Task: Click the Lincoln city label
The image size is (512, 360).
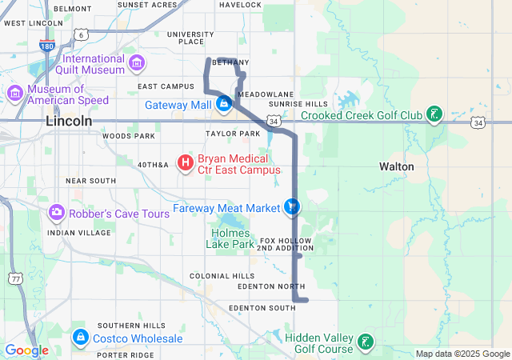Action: pyautogui.click(x=69, y=121)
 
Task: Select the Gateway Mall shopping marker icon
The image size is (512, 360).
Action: pyautogui.click(x=224, y=104)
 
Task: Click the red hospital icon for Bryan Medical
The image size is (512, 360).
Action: pyautogui.click(x=186, y=163)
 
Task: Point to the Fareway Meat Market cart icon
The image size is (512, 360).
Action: pyautogui.click(x=293, y=207)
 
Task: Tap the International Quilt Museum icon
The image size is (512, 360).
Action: pyautogui.click(x=137, y=62)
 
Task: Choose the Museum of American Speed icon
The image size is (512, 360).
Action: pyautogui.click(x=15, y=94)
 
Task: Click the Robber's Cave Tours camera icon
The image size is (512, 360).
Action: pyautogui.click(x=56, y=213)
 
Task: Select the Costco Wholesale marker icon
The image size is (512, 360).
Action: pyautogui.click(x=80, y=338)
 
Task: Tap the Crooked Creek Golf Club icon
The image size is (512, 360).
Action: pyautogui.click(x=433, y=115)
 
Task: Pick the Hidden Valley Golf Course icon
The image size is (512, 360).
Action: pyautogui.click(x=365, y=342)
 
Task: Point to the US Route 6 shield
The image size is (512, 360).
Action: pyautogui.click(x=82, y=35)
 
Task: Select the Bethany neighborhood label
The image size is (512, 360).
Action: pyautogui.click(x=232, y=62)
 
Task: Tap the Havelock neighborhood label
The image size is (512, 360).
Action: pyautogui.click(x=240, y=5)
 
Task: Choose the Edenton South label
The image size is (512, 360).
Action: pyautogui.click(x=262, y=308)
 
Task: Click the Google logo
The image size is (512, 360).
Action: pyautogui.click(x=26, y=350)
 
